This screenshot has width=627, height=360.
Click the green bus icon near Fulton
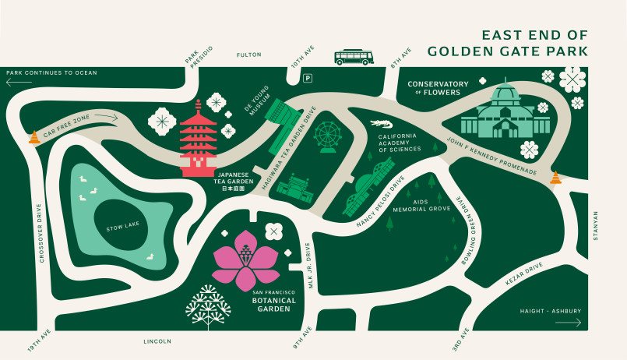click(354, 57)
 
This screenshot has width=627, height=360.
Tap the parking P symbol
click(308, 78)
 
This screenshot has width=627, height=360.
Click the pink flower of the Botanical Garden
click(245, 259)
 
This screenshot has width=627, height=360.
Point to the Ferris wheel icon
click(326, 136)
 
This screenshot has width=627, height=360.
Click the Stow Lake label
click(121, 229)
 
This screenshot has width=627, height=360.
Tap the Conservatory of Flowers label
click(439, 88)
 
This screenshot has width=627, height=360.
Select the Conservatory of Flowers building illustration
click(505, 113)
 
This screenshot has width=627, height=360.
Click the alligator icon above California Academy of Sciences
click(382, 124)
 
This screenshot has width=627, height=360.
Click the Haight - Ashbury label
click(550, 312)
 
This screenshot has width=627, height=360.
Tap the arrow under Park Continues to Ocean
click(19, 81)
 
